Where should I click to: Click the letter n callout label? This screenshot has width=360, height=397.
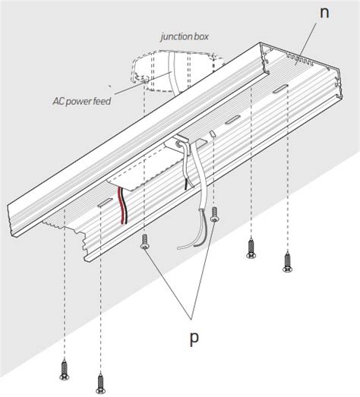[324, 13]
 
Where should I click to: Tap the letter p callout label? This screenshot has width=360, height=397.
[194, 339]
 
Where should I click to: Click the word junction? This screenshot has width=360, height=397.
[173, 37]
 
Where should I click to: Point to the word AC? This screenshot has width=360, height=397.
[57, 101]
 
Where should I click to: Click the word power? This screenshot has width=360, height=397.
[77, 102]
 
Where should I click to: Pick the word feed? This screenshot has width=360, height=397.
[102, 101]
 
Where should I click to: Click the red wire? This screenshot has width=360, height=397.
[122, 206]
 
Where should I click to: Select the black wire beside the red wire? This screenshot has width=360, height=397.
[125, 206]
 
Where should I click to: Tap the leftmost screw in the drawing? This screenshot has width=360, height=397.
[65, 370]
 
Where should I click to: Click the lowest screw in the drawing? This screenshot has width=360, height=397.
[100, 383]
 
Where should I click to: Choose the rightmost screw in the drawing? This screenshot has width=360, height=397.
[287, 262]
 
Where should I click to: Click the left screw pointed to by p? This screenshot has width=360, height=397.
[144, 241]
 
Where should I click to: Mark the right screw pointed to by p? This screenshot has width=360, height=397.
[215, 215]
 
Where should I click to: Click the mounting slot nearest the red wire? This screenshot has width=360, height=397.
[105, 203]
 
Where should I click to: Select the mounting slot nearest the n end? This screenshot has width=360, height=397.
[280, 89]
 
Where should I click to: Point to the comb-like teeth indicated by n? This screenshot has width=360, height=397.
[300, 58]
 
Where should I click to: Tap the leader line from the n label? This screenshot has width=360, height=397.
[308, 39]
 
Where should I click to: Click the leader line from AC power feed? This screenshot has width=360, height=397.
[143, 83]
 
